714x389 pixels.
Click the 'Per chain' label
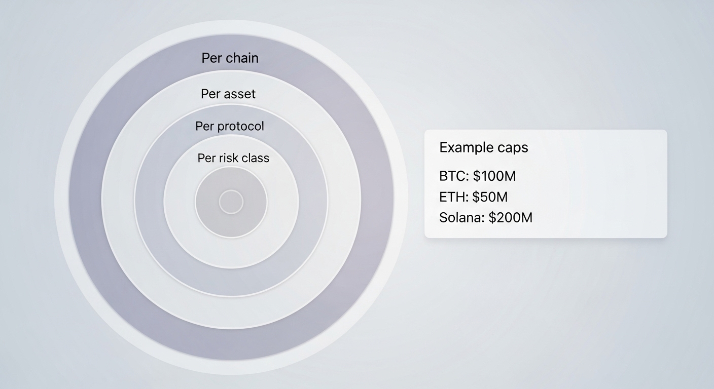pos(230,58)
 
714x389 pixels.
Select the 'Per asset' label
pos(228,94)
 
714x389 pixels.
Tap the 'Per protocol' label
pos(230,126)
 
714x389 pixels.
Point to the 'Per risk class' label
pos(233,158)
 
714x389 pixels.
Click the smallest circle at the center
pos(231,202)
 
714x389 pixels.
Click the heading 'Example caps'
pos(483,147)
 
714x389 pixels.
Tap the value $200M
pos(510,218)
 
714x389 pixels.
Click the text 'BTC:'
pos(454,176)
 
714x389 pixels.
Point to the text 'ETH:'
pos(453,197)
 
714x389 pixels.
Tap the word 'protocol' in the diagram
pos(240,126)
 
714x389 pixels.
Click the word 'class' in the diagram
pos(255,158)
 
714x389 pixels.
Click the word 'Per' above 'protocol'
pos(204,126)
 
